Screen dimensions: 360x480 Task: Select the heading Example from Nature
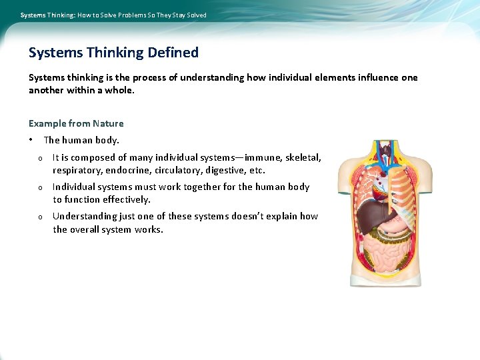pos(76,123)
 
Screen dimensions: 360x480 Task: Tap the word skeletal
pos(303,157)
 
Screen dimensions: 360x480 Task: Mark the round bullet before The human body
pos(31,140)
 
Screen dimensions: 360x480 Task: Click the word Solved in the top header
pos(197,15)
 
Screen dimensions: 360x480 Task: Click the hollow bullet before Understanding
pos(41,217)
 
